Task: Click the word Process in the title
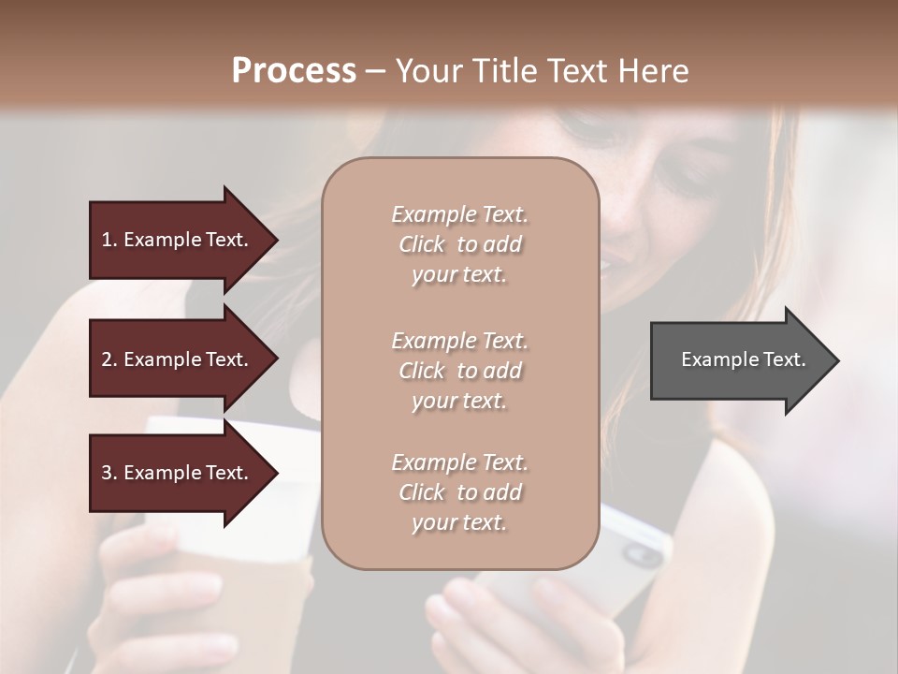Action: (x=294, y=71)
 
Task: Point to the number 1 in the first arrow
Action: (x=107, y=240)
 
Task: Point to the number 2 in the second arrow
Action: (x=107, y=359)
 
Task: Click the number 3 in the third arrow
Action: (x=107, y=473)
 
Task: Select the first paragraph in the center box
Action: (x=459, y=244)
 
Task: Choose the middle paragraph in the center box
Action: (x=459, y=371)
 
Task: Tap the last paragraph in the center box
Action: (x=459, y=492)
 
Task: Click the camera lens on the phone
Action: (x=642, y=555)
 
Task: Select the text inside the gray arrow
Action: (x=743, y=359)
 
